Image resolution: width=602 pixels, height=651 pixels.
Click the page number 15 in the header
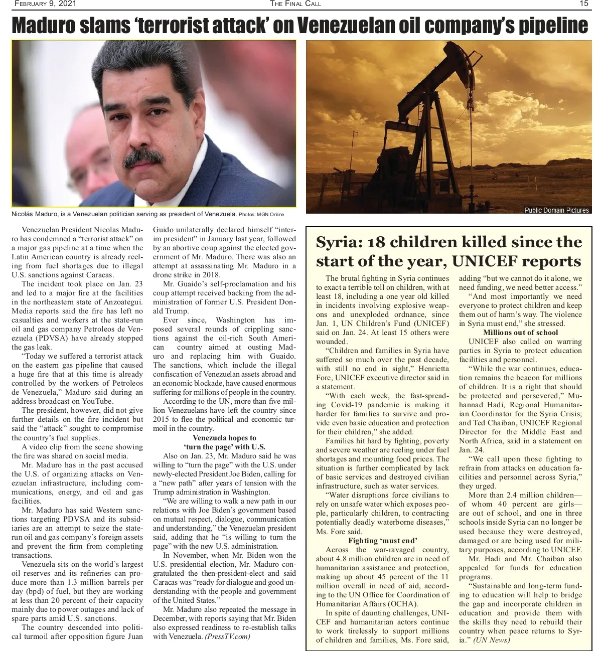(583, 4)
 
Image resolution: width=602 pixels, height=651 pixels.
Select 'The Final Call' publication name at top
(295, 4)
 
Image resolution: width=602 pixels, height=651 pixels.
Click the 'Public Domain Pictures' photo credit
(556, 210)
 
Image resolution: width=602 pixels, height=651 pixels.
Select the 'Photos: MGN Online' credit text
(261, 215)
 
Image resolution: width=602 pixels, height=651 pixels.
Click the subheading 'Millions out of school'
(520, 333)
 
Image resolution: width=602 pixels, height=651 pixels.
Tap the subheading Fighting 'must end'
(382, 541)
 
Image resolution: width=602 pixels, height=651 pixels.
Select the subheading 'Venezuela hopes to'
(224, 438)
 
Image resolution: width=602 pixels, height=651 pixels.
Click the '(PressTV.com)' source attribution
(227, 637)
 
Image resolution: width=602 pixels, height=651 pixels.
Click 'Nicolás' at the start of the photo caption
(24, 214)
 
